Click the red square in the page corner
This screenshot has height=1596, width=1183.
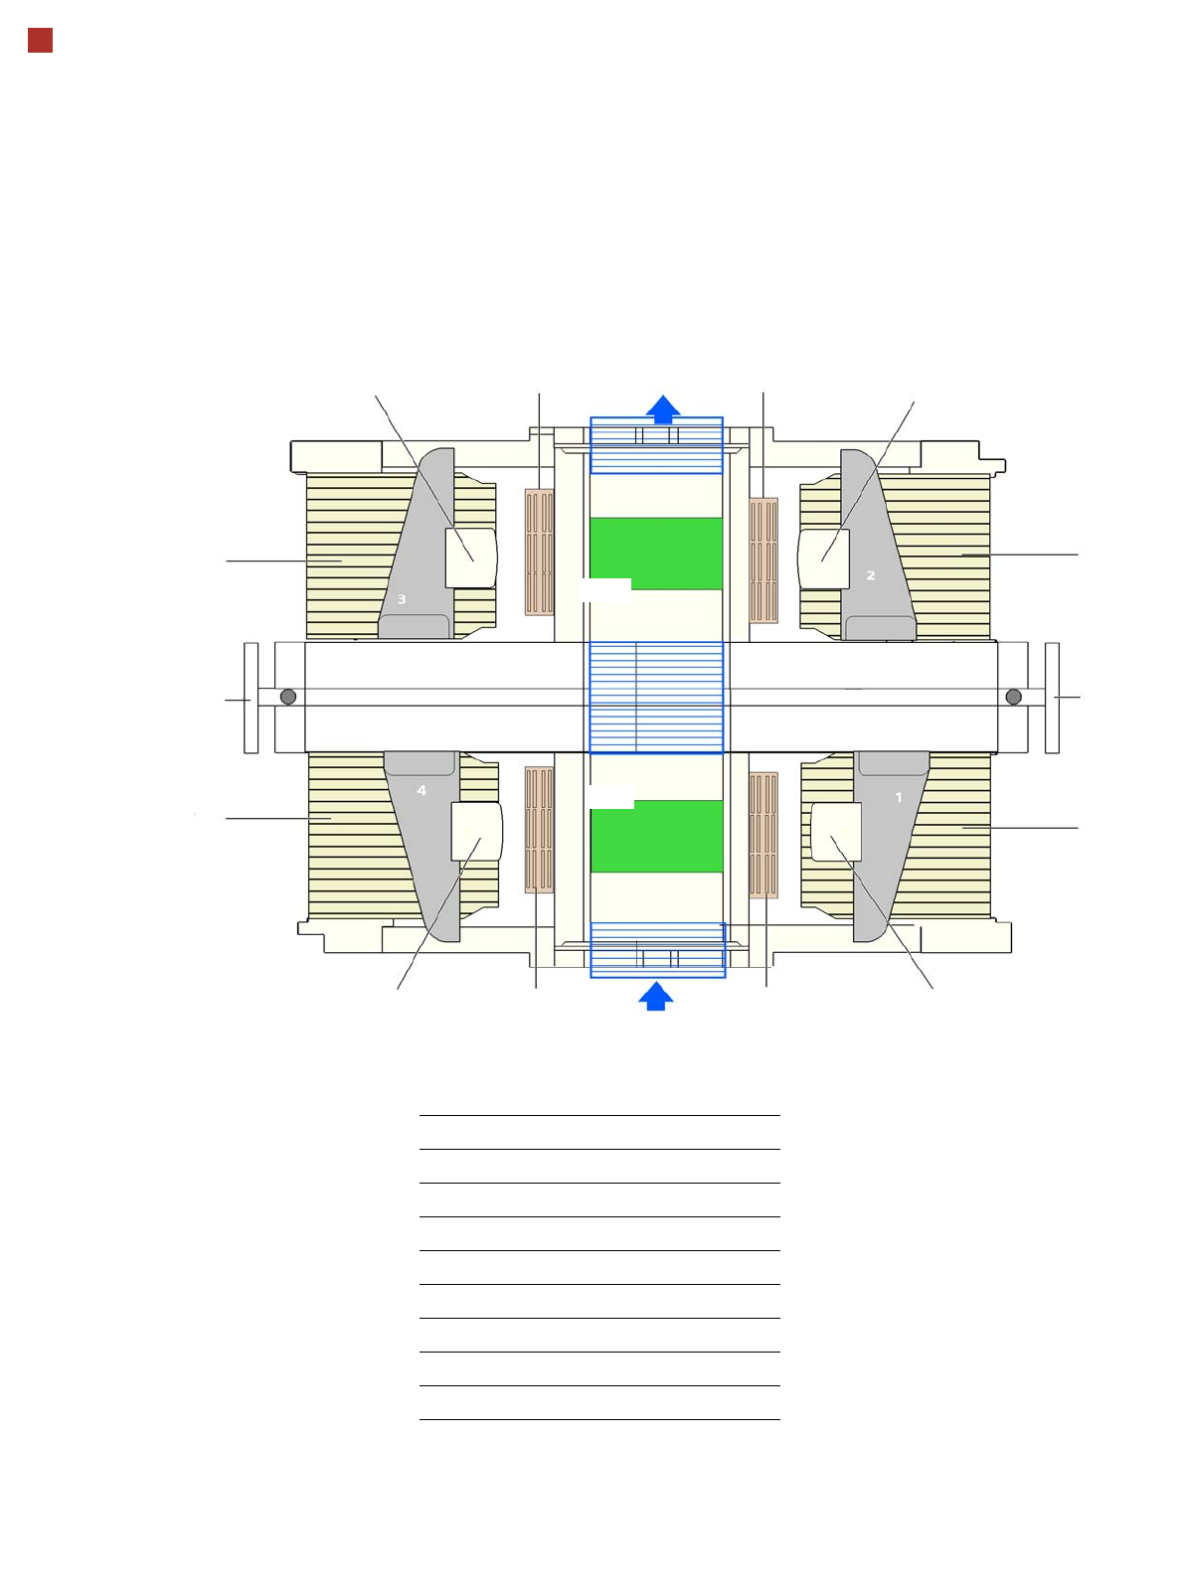pos(41,41)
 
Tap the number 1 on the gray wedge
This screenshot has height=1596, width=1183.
pos(898,797)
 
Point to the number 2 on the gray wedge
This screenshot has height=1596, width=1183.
pos(871,575)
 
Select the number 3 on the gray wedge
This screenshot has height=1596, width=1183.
pos(402,598)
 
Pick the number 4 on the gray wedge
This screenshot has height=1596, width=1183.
pos(422,790)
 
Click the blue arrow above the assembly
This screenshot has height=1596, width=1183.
pos(663,409)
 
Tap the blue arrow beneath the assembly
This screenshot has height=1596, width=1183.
pos(656,996)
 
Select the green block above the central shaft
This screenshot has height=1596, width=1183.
pos(656,554)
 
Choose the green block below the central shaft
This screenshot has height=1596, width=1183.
pos(657,836)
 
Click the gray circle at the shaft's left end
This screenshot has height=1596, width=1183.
pos(288,697)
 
